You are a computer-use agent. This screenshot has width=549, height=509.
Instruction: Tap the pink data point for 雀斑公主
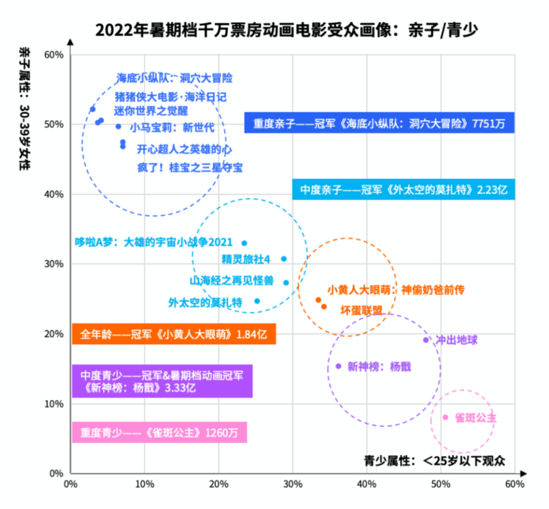click(445, 417)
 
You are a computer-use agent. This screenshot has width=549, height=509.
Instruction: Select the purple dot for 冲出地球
click(426, 340)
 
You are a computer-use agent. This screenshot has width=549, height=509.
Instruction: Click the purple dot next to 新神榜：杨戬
click(339, 366)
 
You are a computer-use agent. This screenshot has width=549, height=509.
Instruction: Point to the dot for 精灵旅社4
click(284, 259)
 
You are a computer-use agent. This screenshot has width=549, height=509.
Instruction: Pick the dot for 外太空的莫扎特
click(257, 301)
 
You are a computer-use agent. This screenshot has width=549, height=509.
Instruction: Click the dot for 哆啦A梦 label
click(244, 244)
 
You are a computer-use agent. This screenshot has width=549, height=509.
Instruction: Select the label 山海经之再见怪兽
click(231, 281)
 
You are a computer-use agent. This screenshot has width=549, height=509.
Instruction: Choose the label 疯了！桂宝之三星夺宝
click(190, 167)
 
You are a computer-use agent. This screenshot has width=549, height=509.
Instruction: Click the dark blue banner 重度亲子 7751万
click(379, 123)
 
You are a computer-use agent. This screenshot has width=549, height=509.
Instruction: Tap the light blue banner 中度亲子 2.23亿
click(404, 189)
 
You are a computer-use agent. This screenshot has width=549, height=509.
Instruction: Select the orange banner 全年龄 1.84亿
click(174, 334)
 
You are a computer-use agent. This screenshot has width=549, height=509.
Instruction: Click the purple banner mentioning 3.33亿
click(162, 381)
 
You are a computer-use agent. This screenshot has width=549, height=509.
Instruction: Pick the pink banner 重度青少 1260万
click(159, 432)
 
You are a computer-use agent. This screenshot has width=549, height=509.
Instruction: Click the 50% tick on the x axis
click(441, 484)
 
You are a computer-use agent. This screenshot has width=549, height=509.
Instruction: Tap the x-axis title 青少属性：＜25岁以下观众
click(434, 460)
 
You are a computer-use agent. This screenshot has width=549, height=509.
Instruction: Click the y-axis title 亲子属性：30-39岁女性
click(24, 109)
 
